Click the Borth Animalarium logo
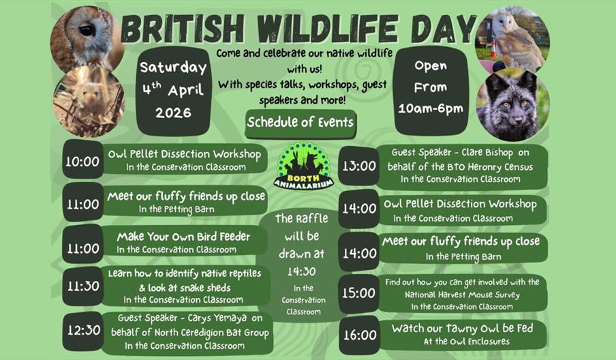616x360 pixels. click(x=301, y=168)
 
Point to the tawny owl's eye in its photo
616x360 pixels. click(x=87, y=30)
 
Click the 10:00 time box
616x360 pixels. click(x=82, y=162)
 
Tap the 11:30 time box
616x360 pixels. click(x=82, y=286)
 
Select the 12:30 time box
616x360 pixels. click(x=82, y=331)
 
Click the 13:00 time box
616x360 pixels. click(x=358, y=166)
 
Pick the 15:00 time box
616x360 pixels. click(x=358, y=293)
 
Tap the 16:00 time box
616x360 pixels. click(x=358, y=335)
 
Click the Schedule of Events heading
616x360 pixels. click(x=301, y=123)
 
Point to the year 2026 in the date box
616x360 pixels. click(x=173, y=112)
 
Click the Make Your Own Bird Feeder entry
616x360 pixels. click(x=183, y=237)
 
